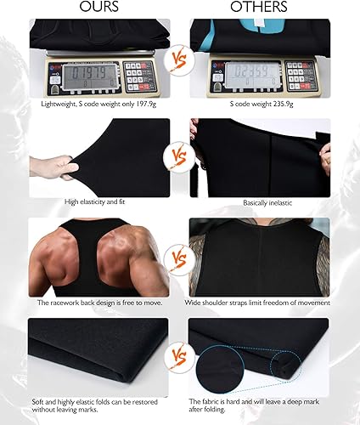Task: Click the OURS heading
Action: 99,8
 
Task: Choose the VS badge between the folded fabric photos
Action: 180,352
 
